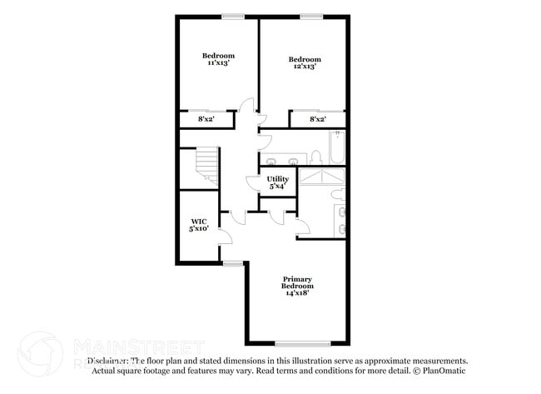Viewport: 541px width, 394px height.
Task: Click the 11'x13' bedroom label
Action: click(218, 59)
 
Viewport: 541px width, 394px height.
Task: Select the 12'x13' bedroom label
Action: click(305, 62)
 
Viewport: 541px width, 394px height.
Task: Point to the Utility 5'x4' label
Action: click(277, 182)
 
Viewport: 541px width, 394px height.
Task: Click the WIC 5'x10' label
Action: click(197, 224)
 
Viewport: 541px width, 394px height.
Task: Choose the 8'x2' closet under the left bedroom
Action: click(205, 120)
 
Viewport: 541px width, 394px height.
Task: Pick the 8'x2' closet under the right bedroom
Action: click(317, 120)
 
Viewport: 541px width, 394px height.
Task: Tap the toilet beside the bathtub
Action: click(316, 157)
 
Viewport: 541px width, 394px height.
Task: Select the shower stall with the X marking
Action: click(323, 177)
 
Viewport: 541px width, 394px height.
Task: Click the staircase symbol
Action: click(206, 166)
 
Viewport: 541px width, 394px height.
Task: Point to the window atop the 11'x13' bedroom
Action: click(233, 16)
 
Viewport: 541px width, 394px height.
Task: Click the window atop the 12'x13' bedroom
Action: click(311, 16)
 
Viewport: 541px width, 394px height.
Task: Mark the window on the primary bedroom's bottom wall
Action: click(297, 344)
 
